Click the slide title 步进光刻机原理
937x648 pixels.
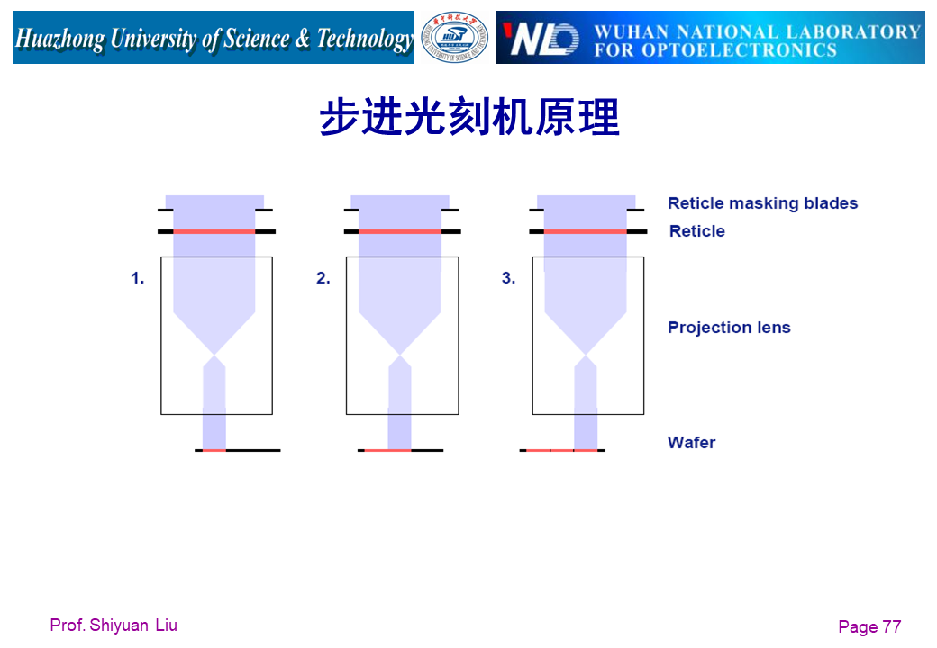(x=469, y=118)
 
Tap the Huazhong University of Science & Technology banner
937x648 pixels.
(x=214, y=38)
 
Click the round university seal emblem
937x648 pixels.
(x=455, y=38)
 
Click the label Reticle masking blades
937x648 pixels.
(x=762, y=203)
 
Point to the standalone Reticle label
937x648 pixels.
(x=696, y=231)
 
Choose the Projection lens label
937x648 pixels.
(x=729, y=328)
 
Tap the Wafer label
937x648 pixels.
(x=691, y=443)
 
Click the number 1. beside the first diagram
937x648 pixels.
(x=138, y=279)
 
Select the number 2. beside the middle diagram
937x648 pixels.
(x=323, y=279)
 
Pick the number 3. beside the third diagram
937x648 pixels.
(x=509, y=279)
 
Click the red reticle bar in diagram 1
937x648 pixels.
(x=214, y=231)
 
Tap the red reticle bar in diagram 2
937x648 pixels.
(x=400, y=231)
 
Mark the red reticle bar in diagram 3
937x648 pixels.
(x=586, y=231)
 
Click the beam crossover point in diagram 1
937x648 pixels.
(x=214, y=355)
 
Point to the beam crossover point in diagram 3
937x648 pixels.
(x=587, y=355)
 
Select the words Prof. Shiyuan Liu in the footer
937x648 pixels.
(x=114, y=625)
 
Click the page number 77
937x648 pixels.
(x=891, y=627)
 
